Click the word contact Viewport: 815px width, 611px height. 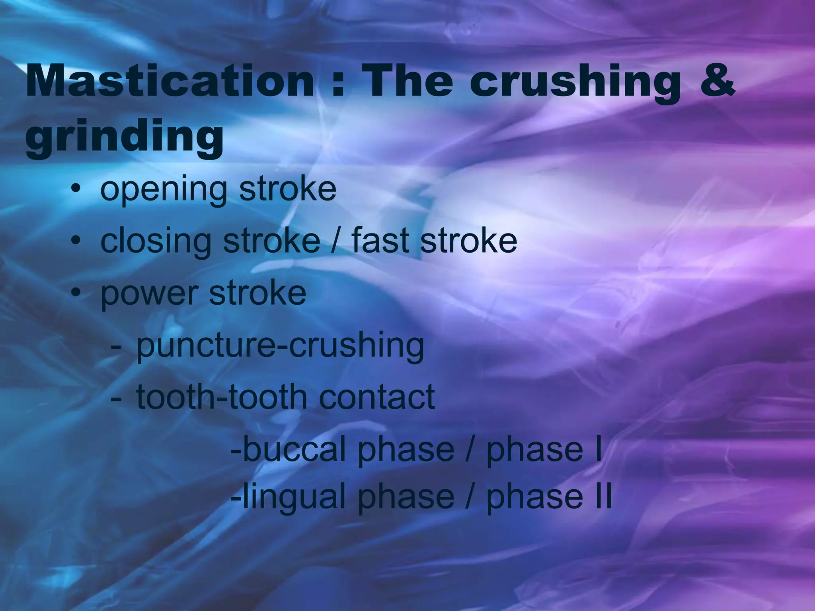coord(376,397)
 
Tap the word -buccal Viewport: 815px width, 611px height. coord(289,449)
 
